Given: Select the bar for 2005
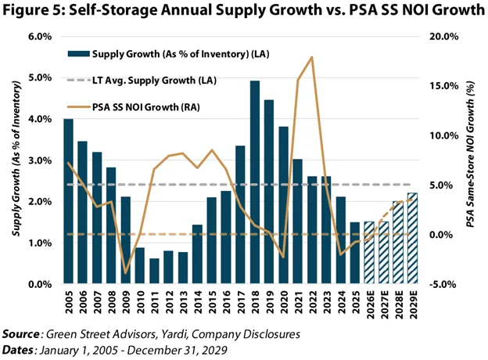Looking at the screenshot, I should pyautogui.click(x=69, y=202).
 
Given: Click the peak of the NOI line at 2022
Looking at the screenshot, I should pyautogui.click(x=312, y=57).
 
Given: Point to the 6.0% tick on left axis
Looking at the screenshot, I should pyautogui.click(x=41, y=37).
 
